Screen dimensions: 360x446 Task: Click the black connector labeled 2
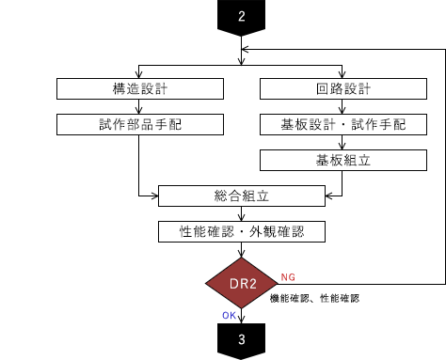click(x=242, y=16)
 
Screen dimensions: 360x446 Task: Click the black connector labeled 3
click(x=242, y=341)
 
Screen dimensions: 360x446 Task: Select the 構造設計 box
click(x=140, y=89)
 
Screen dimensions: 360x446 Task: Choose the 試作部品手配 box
click(x=140, y=125)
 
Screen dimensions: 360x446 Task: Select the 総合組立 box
click(x=242, y=196)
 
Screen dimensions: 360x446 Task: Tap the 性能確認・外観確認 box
click(x=242, y=231)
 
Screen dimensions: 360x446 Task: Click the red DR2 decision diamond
click(x=242, y=283)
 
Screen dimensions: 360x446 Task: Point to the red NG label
click(x=288, y=277)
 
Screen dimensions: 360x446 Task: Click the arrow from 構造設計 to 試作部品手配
click(x=140, y=107)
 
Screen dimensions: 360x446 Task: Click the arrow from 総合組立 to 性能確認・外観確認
click(x=242, y=213)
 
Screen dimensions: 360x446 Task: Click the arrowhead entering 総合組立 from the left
click(x=154, y=196)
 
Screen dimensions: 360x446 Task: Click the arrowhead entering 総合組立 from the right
click(x=329, y=196)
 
